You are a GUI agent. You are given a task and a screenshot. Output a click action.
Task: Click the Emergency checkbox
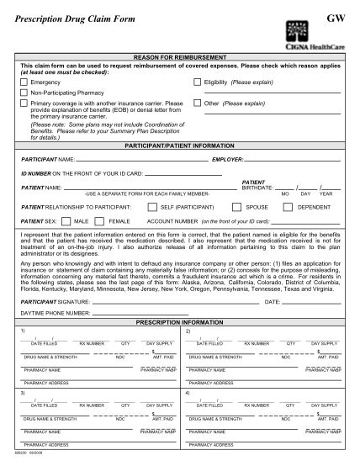tap(24, 82)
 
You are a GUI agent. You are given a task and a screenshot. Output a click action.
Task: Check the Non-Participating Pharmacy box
tap(24, 93)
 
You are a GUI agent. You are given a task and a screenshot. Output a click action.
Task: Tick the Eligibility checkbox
tap(197, 82)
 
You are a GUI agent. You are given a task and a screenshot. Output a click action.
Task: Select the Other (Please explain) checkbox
tap(197, 103)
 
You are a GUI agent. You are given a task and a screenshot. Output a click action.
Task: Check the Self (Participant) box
tap(151, 205)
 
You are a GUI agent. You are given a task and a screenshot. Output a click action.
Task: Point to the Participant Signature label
tap(53, 300)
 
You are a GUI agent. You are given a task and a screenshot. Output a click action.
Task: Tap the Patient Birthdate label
tap(257, 184)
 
